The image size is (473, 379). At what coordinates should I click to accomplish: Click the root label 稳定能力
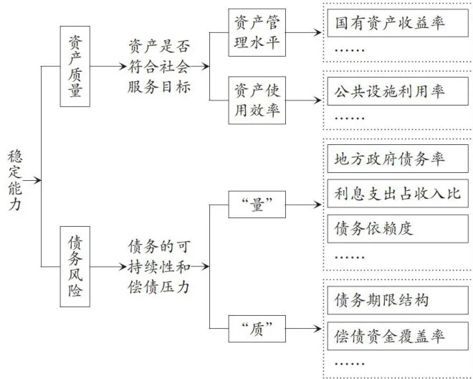15,180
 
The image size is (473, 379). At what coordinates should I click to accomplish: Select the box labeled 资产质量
75,66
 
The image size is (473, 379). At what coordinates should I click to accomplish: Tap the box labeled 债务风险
75,266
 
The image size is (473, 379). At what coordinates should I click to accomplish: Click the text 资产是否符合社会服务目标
159,67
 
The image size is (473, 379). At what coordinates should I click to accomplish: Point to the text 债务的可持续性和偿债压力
159,266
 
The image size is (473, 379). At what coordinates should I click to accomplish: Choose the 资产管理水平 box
257,32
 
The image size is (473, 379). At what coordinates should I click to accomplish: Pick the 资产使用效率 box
257,100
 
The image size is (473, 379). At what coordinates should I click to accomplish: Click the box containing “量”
257,205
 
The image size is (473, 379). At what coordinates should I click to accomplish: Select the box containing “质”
257,329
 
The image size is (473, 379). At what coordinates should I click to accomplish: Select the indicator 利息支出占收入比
398,193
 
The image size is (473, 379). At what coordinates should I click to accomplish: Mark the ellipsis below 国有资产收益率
350,50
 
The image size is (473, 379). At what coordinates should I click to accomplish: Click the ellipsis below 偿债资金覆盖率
350,364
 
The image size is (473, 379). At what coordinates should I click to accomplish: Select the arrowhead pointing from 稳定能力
37,180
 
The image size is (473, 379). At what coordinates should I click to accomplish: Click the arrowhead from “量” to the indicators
318,205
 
